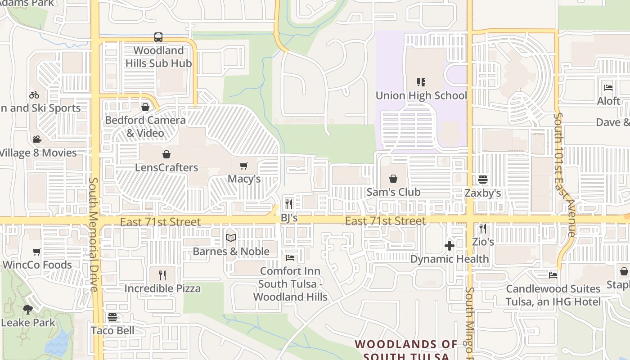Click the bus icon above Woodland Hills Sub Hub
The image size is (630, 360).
pyautogui.click(x=158, y=37)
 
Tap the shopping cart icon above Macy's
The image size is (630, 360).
pyautogui.click(x=244, y=166)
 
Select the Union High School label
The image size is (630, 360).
pyautogui.click(x=421, y=95)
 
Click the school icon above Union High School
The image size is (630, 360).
pyautogui.click(x=421, y=82)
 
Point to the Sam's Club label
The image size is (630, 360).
pyautogui.click(x=393, y=192)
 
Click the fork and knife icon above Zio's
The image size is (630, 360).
pyautogui.click(x=483, y=229)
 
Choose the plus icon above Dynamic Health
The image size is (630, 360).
pyautogui.click(x=449, y=246)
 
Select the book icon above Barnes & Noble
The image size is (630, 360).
pyautogui.click(x=231, y=238)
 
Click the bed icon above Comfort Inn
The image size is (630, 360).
pyautogui.click(x=290, y=258)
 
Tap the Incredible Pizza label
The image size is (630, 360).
pyautogui.click(x=162, y=288)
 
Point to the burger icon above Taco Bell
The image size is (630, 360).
pyautogui.click(x=112, y=318)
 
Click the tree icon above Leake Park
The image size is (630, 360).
pyautogui.click(x=28, y=310)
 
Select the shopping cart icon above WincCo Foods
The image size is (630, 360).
pyautogui.click(x=37, y=252)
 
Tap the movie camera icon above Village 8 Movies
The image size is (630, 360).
pyautogui.click(x=37, y=139)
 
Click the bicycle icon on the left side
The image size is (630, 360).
pyautogui.click(x=34, y=95)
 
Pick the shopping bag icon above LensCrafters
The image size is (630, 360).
pyautogui.click(x=166, y=154)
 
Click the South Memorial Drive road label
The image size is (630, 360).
pyautogui.click(x=94, y=234)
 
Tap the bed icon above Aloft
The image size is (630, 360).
pyautogui.click(x=608, y=88)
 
